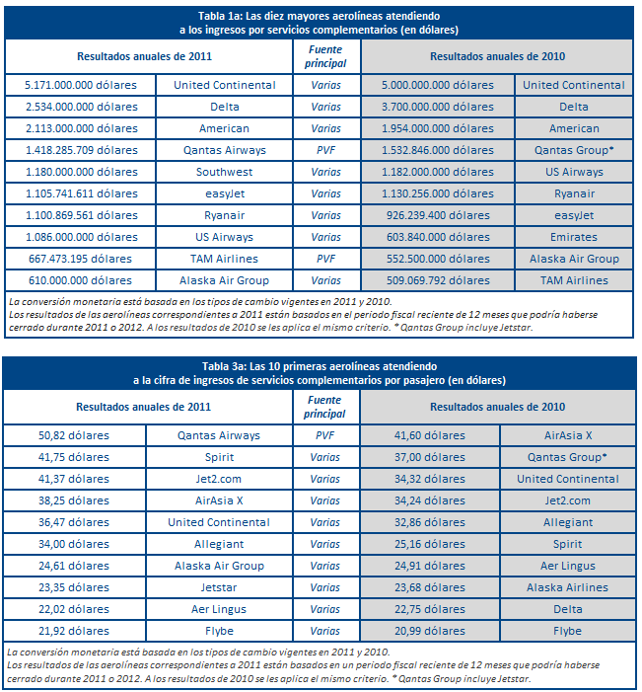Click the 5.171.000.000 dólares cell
click(x=81, y=85)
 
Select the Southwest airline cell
click(x=225, y=172)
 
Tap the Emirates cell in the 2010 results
click(x=574, y=237)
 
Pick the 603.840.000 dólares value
click(x=440, y=237)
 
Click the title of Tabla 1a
click(x=321, y=24)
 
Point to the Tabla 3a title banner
click(x=321, y=373)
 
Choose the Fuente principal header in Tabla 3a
click(x=326, y=407)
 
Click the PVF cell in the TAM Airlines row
click(x=326, y=259)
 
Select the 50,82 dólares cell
click(x=75, y=435)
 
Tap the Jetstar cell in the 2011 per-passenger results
click(x=219, y=587)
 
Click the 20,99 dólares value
click(x=430, y=631)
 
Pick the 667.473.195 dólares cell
click(x=81, y=259)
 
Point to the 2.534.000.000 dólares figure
click(x=81, y=107)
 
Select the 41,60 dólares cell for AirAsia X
click(x=430, y=435)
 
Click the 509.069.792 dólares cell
click(x=440, y=280)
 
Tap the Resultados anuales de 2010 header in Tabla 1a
click(x=497, y=57)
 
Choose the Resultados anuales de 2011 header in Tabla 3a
click(x=144, y=407)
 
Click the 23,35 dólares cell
click(x=75, y=587)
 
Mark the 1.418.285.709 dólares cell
click(x=81, y=150)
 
